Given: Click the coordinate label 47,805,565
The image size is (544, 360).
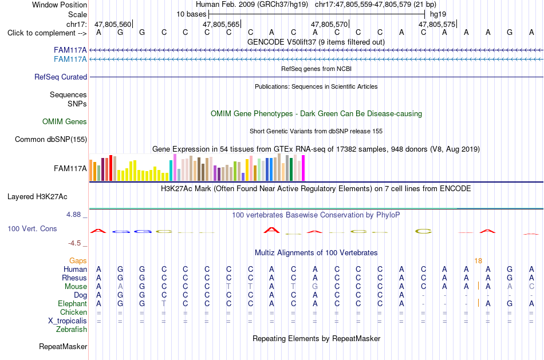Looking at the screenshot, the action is coord(221,24).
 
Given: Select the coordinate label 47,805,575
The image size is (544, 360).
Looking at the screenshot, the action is coord(437,24).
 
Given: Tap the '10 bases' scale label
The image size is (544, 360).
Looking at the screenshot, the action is coord(191,14).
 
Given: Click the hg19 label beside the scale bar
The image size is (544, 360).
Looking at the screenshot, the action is coord(438,14).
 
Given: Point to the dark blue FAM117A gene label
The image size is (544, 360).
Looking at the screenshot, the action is coord(70,50).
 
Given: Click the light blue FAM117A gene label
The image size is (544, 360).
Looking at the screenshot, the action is coord(70,60).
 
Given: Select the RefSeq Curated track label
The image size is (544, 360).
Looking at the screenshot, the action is coord(61,77).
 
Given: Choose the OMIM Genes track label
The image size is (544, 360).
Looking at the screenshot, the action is coord(65,121).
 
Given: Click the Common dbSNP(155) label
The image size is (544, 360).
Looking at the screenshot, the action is coord(51,140).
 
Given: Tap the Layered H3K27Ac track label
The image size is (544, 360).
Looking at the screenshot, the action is coord(37,197).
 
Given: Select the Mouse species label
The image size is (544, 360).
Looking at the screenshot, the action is coord(76,287).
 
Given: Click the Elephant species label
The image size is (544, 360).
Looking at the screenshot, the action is coord(72,304).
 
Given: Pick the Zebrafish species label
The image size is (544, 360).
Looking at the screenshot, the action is coord(72,330).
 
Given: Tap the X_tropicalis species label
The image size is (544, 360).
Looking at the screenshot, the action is coord(68,321).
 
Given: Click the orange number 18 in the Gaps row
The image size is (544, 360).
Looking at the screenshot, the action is coord(478,261).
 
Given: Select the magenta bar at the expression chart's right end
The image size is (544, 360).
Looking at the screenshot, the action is coord(303,168).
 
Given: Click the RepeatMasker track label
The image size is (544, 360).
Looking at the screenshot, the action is coord(63,346).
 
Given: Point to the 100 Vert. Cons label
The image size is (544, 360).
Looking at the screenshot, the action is coord(32,228).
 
